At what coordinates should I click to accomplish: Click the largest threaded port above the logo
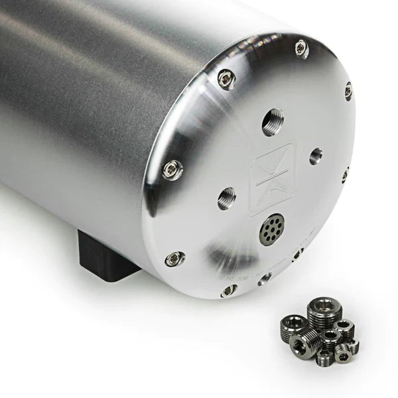(x=272, y=122)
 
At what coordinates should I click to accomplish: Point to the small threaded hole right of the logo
(x=316, y=156)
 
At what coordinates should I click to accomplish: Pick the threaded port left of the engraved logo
(x=226, y=198)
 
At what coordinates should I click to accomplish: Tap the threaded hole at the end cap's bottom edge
(x=264, y=278)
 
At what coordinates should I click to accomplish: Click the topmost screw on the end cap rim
(x=301, y=48)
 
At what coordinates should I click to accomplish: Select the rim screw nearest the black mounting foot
(x=174, y=259)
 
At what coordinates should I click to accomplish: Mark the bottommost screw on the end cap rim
(x=228, y=291)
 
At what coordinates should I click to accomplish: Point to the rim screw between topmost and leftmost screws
(x=227, y=79)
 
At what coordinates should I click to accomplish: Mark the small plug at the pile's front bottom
(x=324, y=358)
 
